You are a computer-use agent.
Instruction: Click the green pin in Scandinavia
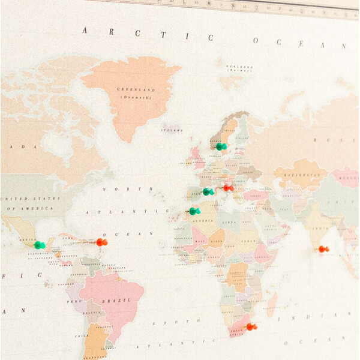pos(221,146)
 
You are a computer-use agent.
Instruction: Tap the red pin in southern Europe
pos(228,188)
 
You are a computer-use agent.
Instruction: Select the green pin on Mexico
pos(39,245)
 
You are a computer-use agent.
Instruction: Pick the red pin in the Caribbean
pos(101,242)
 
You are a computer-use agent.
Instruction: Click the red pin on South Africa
pos(251,326)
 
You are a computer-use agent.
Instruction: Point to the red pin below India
pos(323,248)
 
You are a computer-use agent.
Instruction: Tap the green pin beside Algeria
pos(194,211)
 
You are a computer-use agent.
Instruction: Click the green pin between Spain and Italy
pos(208,191)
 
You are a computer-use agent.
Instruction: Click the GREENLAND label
pos(136,90)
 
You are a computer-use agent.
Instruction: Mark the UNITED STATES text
pos(30,199)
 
